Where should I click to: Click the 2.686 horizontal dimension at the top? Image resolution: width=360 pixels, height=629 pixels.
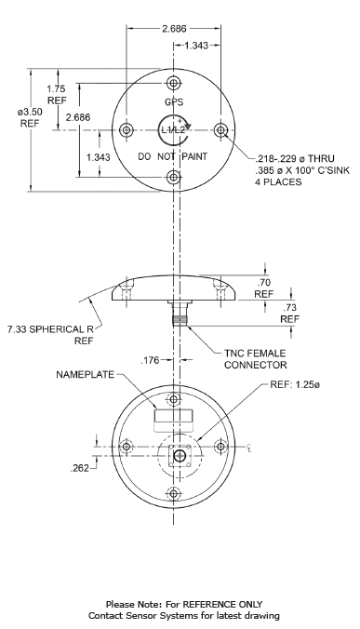click(174, 29)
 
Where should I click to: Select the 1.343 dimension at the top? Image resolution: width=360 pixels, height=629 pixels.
click(196, 46)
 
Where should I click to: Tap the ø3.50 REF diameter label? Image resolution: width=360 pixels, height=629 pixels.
click(31, 117)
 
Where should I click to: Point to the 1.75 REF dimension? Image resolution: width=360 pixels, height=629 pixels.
click(58, 95)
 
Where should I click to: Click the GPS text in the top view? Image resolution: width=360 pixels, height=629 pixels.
click(174, 102)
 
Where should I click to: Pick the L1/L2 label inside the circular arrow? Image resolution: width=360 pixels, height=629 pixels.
click(173, 130)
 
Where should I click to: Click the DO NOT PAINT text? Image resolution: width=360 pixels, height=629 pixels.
click(173, 156)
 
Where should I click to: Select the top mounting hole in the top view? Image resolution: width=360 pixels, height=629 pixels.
click(174, 83)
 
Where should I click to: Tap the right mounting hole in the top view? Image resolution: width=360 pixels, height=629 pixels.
click(220, 130)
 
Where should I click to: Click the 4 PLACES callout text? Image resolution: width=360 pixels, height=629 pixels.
click(278, 182)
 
